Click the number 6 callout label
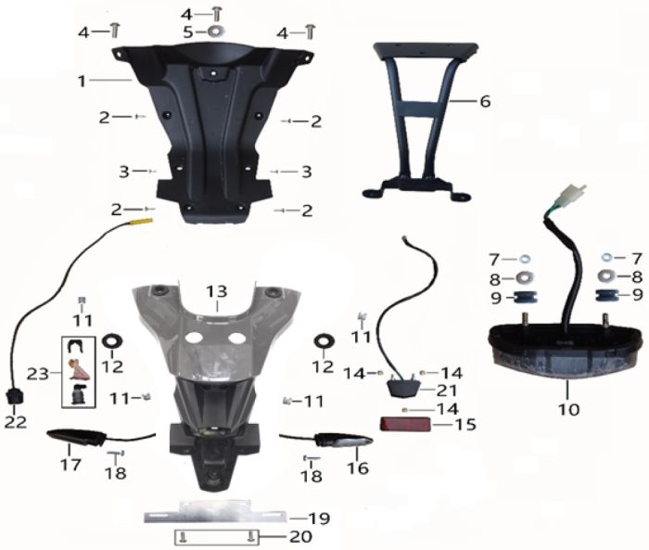tap(485, 101)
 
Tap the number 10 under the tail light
tap(568, 410)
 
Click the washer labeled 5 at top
tap(214, 31)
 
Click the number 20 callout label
tap(300, 537)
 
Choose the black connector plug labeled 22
tap(15, 397)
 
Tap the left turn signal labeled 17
tap(77, 438)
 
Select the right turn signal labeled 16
tap(344, 441)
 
